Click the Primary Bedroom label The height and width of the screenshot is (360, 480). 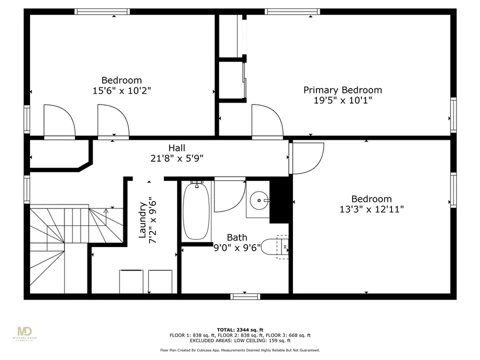pos(342,90)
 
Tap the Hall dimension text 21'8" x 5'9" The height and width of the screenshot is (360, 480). pos(177,158)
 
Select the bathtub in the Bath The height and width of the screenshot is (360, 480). pos(196,210)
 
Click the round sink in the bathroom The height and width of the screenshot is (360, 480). pos(259,200)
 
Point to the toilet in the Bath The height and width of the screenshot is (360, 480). pos(274,247)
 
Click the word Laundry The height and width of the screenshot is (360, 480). pos(142,220)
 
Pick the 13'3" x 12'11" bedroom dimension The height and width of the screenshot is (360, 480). pos(371,209)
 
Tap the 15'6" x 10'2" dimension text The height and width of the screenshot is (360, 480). pos(122,91)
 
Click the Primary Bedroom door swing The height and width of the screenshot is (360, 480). pos(267,120)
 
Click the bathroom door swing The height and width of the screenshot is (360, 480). pos(229,195)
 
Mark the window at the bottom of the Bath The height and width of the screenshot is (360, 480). pos(245,296)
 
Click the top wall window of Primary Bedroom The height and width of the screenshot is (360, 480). pos(292,11)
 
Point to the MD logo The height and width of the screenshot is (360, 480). pos(25,332)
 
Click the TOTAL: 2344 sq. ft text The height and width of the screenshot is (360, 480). pos(240,329)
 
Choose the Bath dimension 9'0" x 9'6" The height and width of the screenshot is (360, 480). pos(237,247)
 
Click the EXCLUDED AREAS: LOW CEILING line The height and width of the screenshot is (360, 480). pos(240,340)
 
